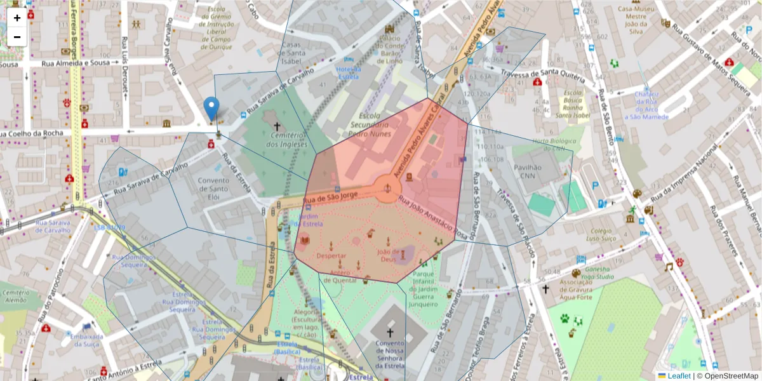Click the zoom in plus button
[17, 17]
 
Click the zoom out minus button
[17, 36]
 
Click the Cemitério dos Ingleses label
[276, 140]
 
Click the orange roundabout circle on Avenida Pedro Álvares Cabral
[387, 189]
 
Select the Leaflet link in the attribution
[679, 376]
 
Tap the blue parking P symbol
[595, 186]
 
